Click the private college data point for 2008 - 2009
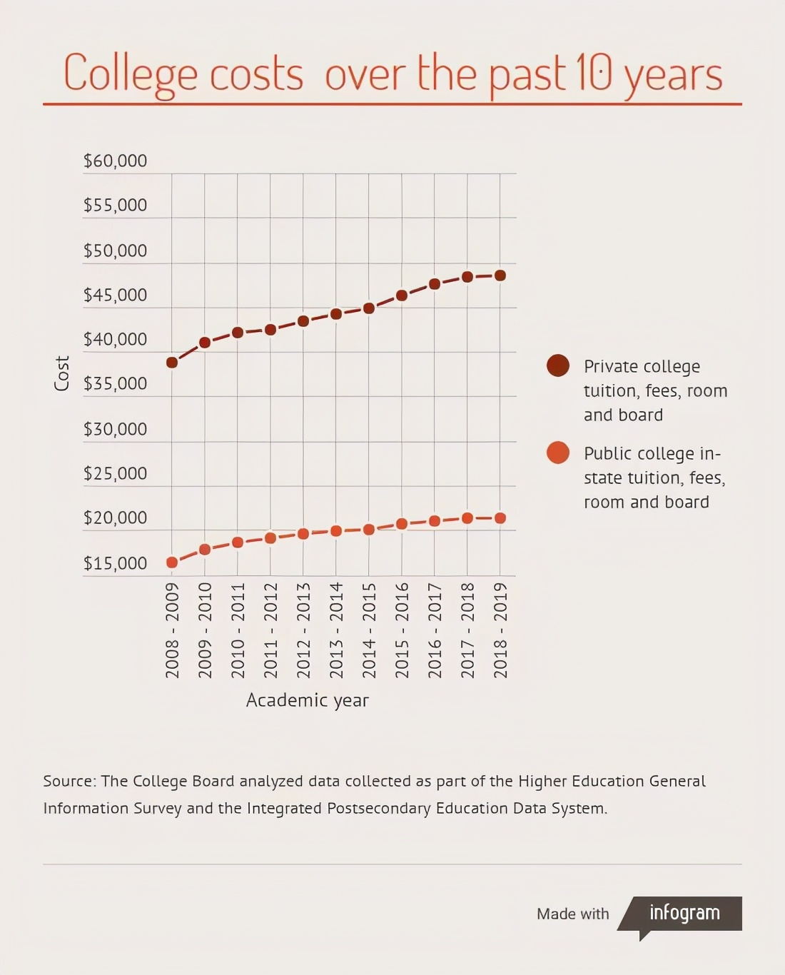[172, 363]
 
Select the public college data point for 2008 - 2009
[172, 562]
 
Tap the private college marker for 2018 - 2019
[500, 276]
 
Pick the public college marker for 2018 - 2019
[500, 518]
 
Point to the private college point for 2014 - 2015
[369, 308]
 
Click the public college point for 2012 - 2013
[303, 534]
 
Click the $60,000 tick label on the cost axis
[115, 161]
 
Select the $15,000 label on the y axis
[115, 564]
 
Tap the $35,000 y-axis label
[115, 384]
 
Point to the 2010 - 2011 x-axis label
[238, 630]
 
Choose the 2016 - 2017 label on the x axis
[435, 630]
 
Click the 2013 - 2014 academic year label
[336, 630]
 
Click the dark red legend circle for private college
[558, 365]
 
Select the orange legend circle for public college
[558, 453]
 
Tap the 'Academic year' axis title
[308, 700]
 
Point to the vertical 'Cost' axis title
[62, 373]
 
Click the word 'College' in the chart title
[131, 74]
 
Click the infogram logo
[684, 913]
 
